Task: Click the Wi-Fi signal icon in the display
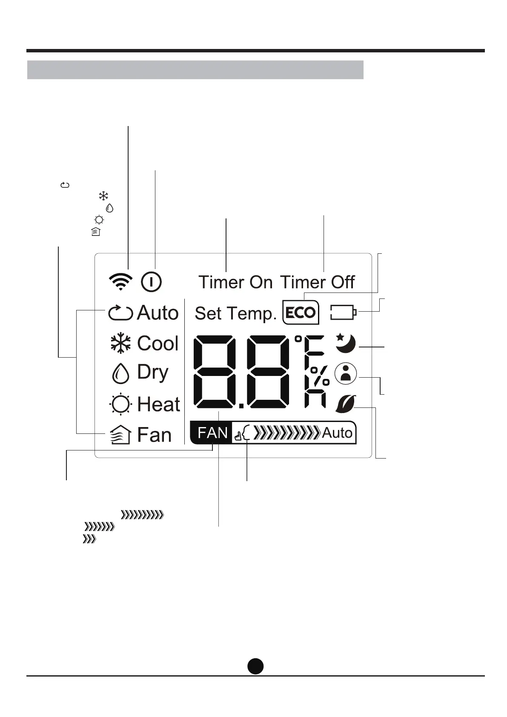[x=121, y=282]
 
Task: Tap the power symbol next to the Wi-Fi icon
[x=151, y=282]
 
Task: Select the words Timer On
[x=235, y=282]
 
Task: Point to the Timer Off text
[x=318, y=282]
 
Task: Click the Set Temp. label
[x=235, y=314]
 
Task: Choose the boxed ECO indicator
[x=301, y=313]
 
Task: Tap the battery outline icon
[x=344, y=313]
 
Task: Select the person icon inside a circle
[x=346, y=374]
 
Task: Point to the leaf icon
[x=346, y=404]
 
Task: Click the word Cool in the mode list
[x=158, y=344]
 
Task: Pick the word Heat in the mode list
[x=159, y=404]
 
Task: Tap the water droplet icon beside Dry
[x=120, y=373]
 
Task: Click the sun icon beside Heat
[x=120, y=404]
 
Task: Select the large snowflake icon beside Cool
[x=120, y=344]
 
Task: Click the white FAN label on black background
[x=213, y=433]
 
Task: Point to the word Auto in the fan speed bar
[x=337, y=433]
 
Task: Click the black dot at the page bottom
[x=255, y=666]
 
